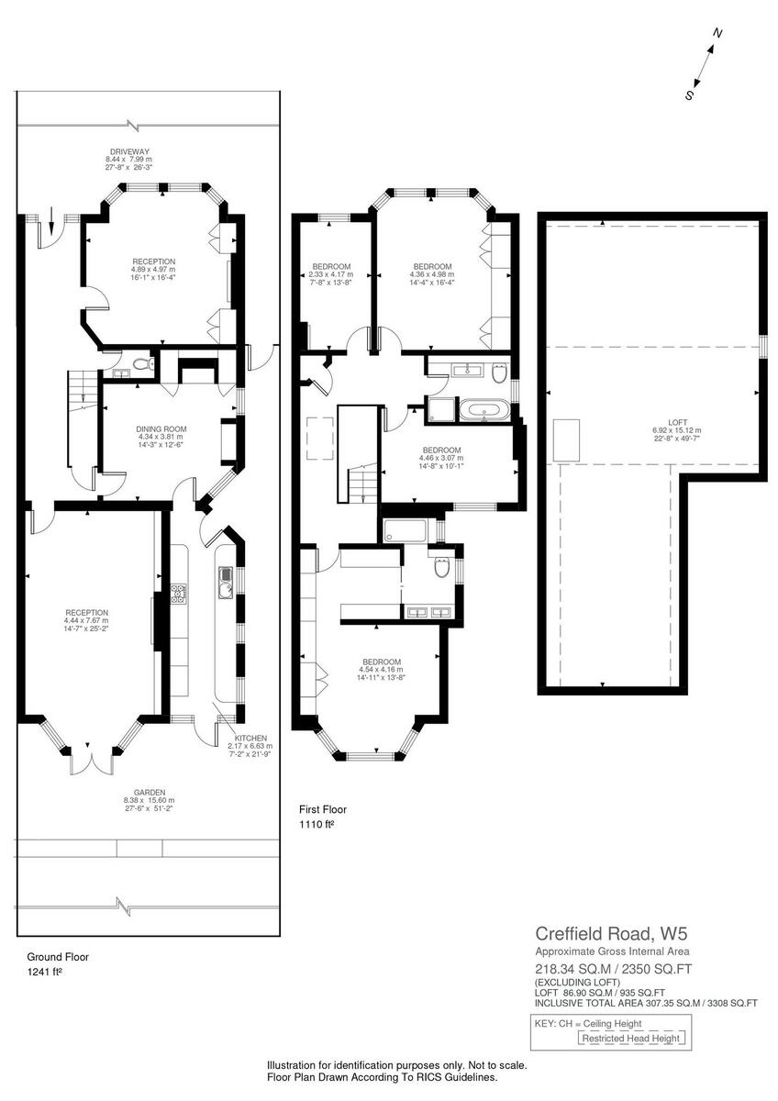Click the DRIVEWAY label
(128, 151)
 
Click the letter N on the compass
(717, 33)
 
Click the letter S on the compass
(689, 95)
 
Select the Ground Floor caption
(57, 955)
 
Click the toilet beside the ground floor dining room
(140, 365)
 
